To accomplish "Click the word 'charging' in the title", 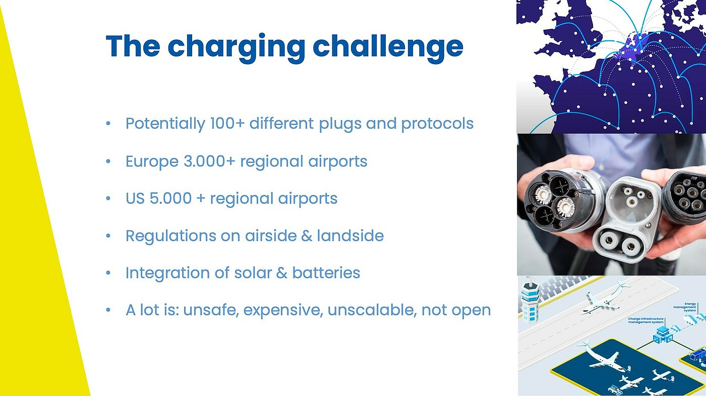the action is coord(237,47).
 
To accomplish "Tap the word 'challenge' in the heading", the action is coord(388,46).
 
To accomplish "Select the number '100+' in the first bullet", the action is coord(227,123).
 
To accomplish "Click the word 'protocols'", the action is coord(437,124).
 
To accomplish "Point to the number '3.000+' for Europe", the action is coord(209,161).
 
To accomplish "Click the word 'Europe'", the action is coord(152,161).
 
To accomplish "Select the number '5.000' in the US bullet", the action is coord(170,198).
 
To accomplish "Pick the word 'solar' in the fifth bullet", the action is coord(253,273).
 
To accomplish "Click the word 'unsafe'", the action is coord(211,310).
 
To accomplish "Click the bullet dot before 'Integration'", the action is coord(108,273).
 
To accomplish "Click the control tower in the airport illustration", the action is coord(530,300).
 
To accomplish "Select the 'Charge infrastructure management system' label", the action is coord(645,320).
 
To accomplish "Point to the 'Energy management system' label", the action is coord(685,307).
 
